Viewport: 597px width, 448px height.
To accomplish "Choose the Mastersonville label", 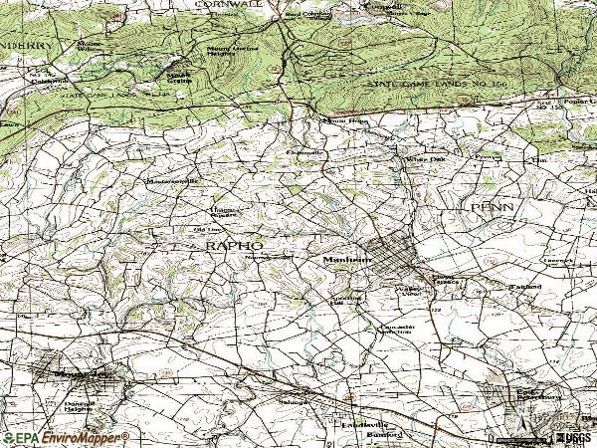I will point(173,181).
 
